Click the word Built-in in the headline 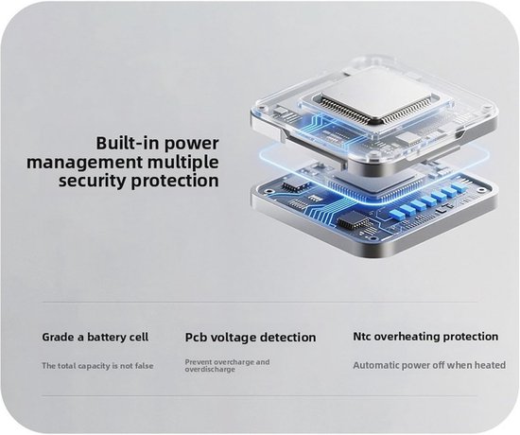click(x=127, y=144)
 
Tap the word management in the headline click(x=84, y=163)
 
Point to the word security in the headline click(x=93, y=182)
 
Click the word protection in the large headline click(x=175, y=182)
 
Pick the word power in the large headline click(x=191, y=145)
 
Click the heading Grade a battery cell click(x=95, y=337)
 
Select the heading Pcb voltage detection click(x=251, y=338)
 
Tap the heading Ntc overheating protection click(x=425, y=337)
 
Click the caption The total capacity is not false click(x=97, y=366)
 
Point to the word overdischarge click(x=210, y=370)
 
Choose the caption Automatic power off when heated click(x=429, y=365)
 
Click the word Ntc click(x=362, y=337)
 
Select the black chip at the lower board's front click(x=353, y=220)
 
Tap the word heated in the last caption click(x=491, y=365)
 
